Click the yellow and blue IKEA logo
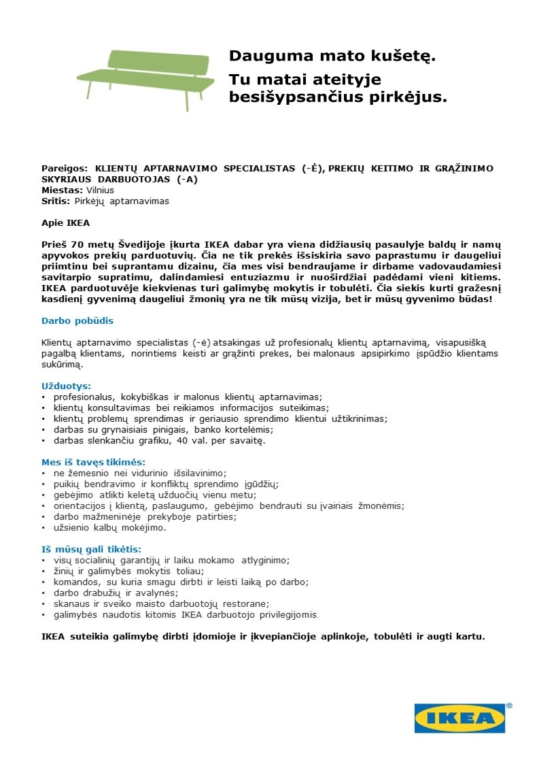[459, 718]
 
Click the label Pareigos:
[65, 168]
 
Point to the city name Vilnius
[100, 190]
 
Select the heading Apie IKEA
[66, 222]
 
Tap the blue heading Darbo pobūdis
[77, 320]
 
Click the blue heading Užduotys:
[67, 386]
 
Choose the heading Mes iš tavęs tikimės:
[94, 462]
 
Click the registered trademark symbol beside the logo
[509, 706]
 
